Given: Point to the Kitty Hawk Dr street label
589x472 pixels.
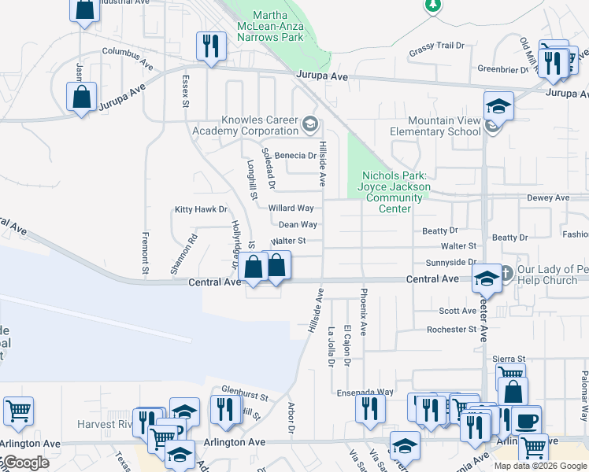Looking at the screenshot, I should (201, 210).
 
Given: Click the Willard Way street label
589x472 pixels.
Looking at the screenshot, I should (291, 208).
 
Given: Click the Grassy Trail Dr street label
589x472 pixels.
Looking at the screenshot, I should (437, 50).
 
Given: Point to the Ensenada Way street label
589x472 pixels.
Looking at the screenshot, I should (363, 391).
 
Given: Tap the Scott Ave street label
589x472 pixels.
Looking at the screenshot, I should (457, 311).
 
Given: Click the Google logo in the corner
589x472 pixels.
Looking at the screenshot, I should (25, 463).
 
